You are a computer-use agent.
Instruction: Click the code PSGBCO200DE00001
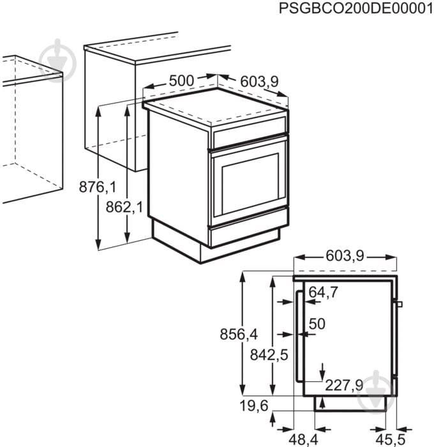coord(356,8)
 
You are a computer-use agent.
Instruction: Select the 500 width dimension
coord(181,80)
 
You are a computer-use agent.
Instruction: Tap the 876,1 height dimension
coord(98,187)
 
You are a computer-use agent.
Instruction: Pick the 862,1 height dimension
coord(124,207)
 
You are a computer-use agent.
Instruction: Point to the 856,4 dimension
coord(239,334)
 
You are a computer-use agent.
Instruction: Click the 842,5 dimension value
coord(269,355)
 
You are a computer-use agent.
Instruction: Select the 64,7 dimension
coord(324,292)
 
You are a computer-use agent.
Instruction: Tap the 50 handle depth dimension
coord(317,324)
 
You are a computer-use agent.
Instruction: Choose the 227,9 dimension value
coord(344,386)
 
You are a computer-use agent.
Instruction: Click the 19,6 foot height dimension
coord(254,405)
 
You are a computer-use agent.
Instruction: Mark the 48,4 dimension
coord(303,440)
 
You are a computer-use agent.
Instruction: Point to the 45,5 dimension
coord(391,440)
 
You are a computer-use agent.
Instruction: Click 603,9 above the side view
coord(345,255)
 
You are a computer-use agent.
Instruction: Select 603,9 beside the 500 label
coord(259,82)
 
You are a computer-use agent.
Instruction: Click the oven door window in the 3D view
coord(250,184)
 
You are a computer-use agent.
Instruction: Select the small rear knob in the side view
coord(400,304)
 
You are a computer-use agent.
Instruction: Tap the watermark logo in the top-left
coord(58,59)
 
